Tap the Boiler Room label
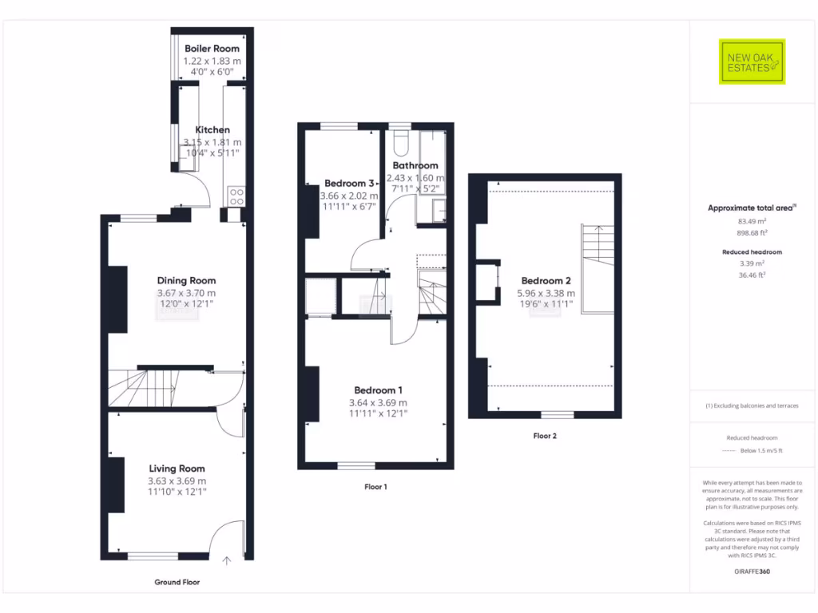tap(212, 49)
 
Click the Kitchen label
tap(212, 129)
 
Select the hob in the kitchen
tap(236, 196)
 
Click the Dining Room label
tap(186, 280)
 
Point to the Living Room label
tap(177, 469)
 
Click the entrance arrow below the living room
tap(227, 560)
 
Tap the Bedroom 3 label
tap(349, 183)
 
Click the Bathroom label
tap(415, 165)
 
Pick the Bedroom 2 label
tap(546, 280)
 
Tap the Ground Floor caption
tap(177, 582)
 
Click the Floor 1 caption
tap(375, 486)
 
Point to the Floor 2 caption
tap(545, 436)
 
